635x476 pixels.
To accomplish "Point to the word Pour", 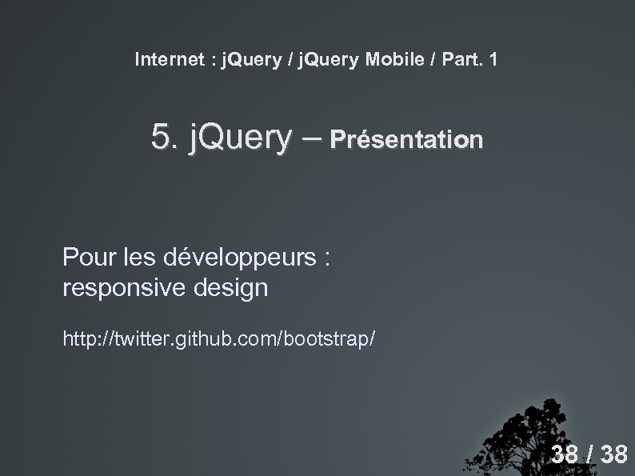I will click(89, 259).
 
